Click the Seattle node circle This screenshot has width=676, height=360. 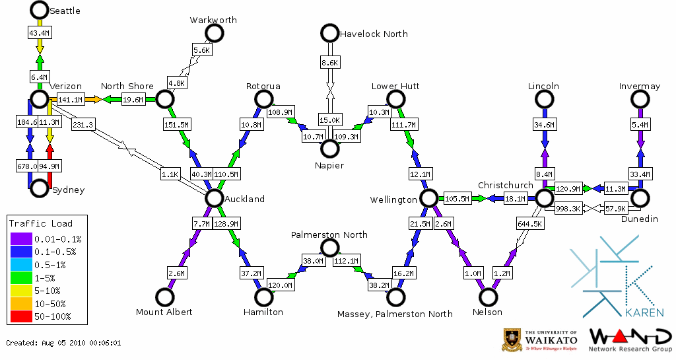tap(39, 10)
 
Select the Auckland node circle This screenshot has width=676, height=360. tap(214, 198)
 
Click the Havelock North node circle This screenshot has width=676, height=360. tap(329, 33)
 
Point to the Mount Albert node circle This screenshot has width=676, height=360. tap(164, 297)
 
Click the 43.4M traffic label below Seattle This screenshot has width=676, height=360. tap(39, 32)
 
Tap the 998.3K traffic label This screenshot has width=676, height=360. tap(568, 209)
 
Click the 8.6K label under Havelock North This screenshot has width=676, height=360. tap(329, 63)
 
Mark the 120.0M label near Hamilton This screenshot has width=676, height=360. tap(281, 285)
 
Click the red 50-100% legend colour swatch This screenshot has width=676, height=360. tap(20, 317)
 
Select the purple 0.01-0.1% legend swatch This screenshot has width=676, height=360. tap(20, 238)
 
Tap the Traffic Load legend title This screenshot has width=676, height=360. tap(41, 223)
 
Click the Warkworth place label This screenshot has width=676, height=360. tap(213, 20)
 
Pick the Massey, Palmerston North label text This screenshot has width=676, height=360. tap(395, 313)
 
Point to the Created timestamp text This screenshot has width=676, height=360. tap(63, 343)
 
